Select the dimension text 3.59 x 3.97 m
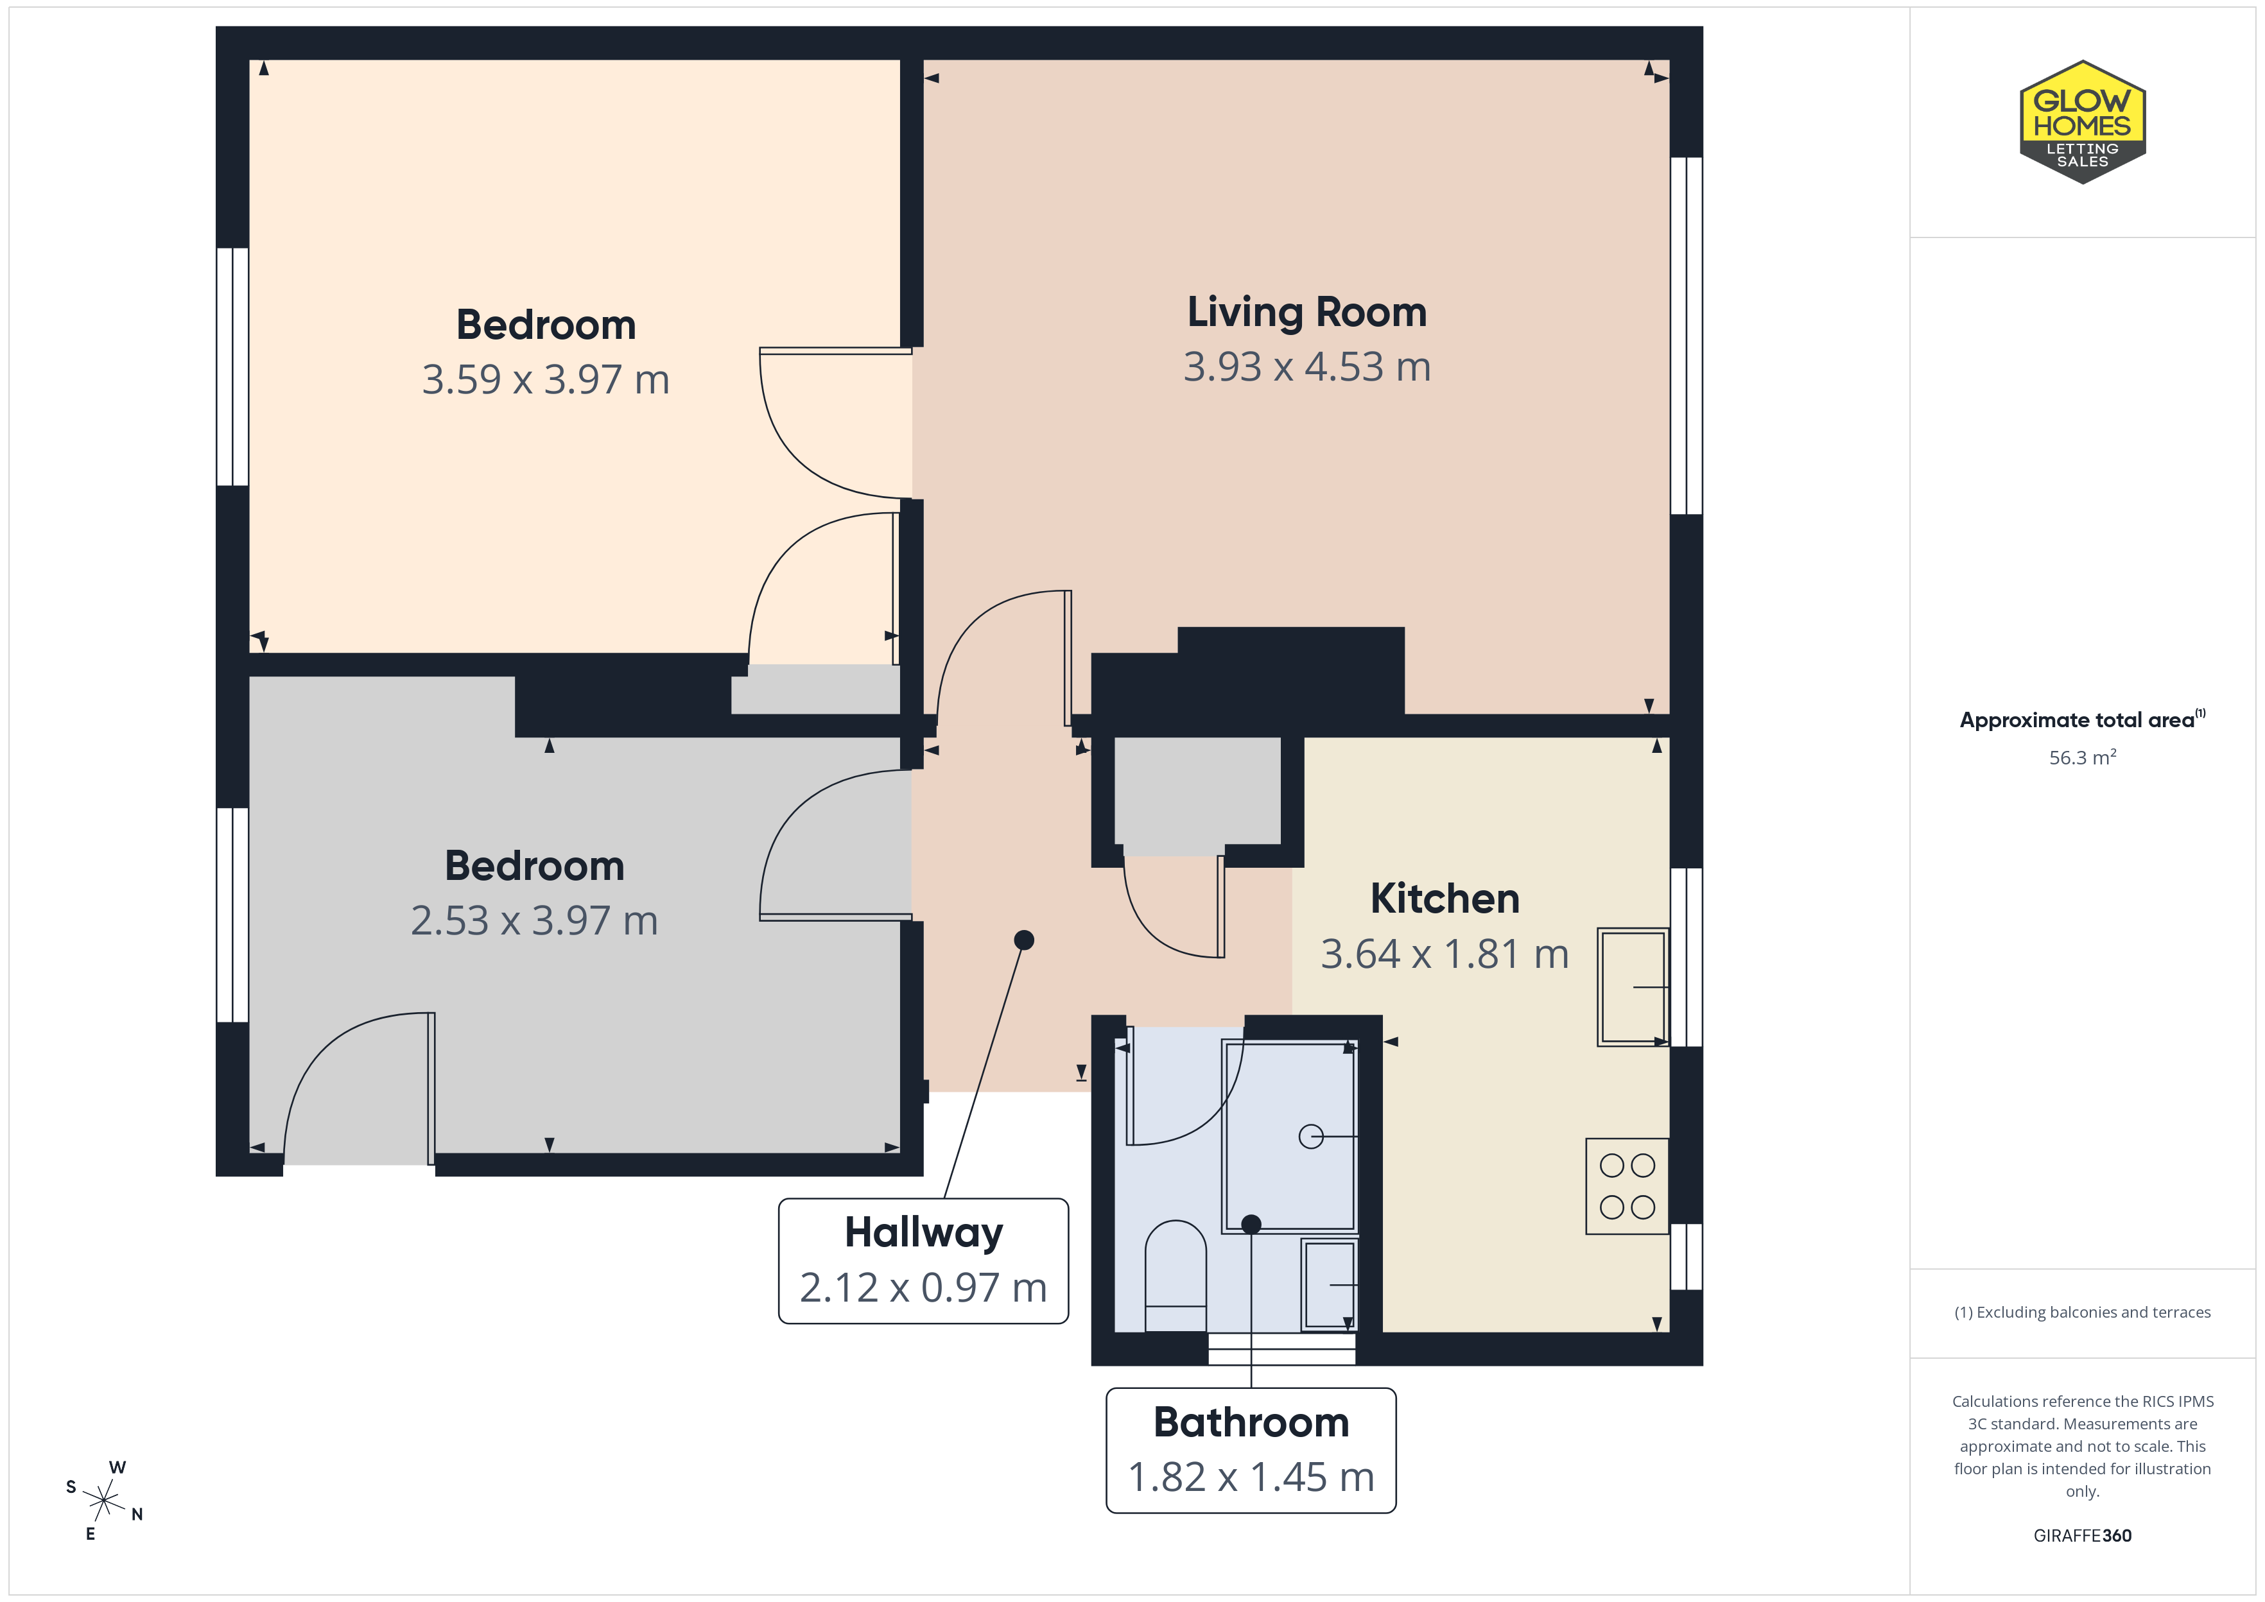[546, 380]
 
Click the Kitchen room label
[1445, 899]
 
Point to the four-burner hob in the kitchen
[1627, 1185]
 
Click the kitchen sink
[1633, 986]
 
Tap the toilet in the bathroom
[1175, 1277]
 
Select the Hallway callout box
[923, 1261]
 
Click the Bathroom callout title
[1251, 1422]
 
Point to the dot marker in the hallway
[1024, 940]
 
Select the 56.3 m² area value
[2083, 757]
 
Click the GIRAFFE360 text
[2083, 1536]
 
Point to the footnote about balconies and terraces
[2083, 1312]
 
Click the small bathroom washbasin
[1330, 1284]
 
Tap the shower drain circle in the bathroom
[1311, 1137]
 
